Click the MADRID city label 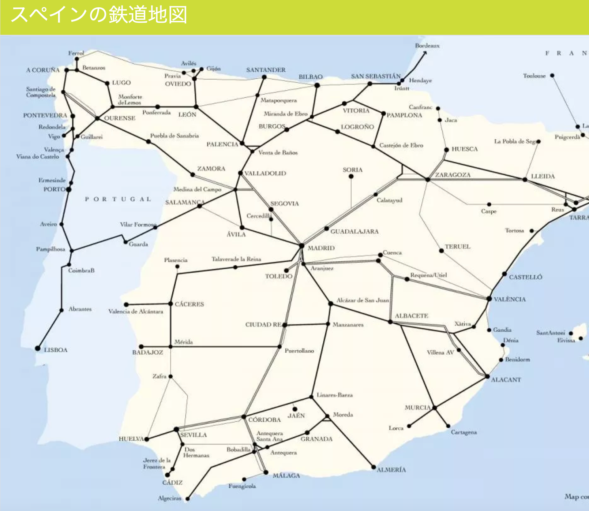point(321,248)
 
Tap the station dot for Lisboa point(38,348)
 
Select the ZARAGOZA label point(453,175)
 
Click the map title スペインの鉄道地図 point(99,15)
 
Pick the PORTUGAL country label point(118,199)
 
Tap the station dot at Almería point(374,467)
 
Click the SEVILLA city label point(194,435)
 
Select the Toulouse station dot point(552,76)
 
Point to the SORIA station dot point(351,176)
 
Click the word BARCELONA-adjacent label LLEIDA point(543,176)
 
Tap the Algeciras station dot point(188,499)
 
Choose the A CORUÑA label point(42,70)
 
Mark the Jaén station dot point(295,409)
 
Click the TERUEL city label point(457,247)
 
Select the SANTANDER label point(266,70)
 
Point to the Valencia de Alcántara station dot point(126,305)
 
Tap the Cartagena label point(464,432)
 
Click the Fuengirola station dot point(244,479)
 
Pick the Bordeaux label point(427,46)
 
